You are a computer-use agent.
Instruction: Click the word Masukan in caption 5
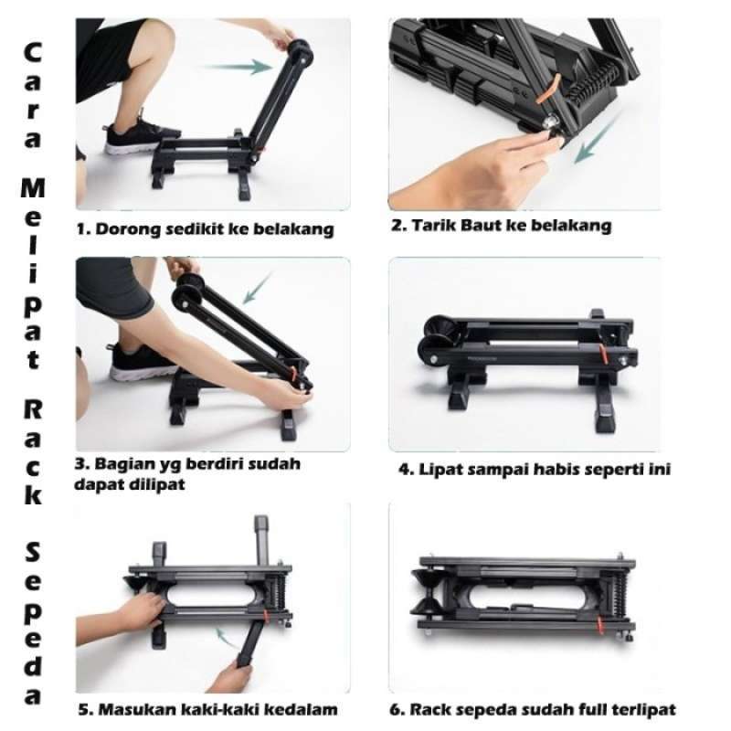135,709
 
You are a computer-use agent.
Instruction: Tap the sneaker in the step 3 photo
143,363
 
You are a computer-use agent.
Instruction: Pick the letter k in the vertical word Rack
33,496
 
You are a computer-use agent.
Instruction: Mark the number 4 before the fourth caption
405,471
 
